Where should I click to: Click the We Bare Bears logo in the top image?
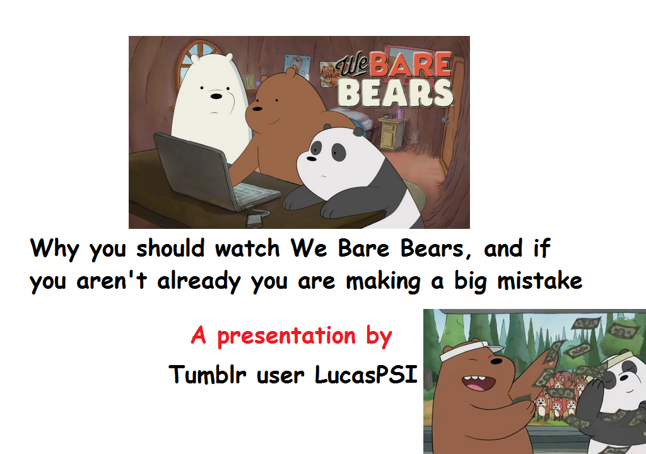[394, 80]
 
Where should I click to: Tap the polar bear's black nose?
[216, 96]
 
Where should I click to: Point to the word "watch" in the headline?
[247, 249]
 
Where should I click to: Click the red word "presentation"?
[286, 336]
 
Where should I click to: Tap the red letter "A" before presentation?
[199, 335]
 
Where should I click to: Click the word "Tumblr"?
[208, 375]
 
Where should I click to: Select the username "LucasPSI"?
[366, 375]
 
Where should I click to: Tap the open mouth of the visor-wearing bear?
[474, 381]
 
